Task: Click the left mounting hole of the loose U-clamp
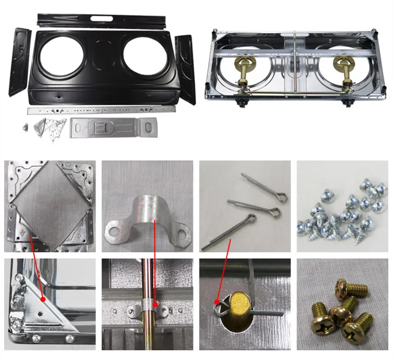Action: pyautogui.click(x=114, y=229)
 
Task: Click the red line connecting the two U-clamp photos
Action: pyautogui.click(x=156, y=262)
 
